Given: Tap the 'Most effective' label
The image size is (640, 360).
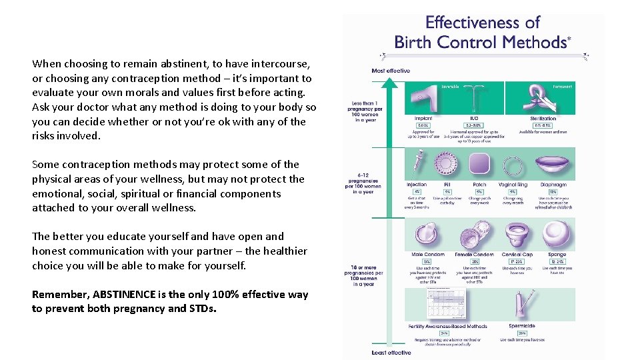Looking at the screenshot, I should tap(391, 71).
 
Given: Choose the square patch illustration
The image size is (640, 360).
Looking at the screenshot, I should tap(479, 164).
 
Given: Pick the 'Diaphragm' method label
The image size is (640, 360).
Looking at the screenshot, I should tap(554, 185).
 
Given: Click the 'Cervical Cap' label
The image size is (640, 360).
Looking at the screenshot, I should tap(517, 255).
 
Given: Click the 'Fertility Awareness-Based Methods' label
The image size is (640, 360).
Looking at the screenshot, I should tap(447, 326).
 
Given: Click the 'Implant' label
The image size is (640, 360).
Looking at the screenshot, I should tap(423, 119).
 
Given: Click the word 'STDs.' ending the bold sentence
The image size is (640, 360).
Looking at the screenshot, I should tap(203, 309).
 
